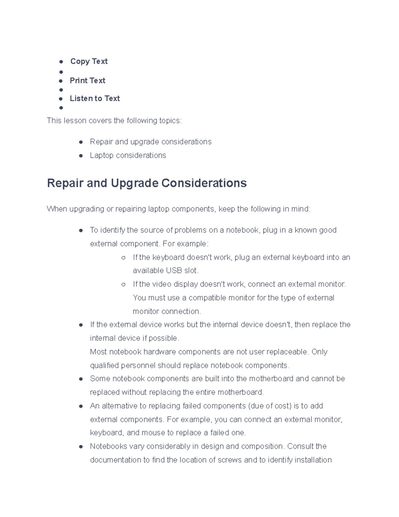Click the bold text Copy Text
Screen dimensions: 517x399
pyautogui.click(x=89, y=61)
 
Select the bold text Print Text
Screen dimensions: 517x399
pyautogui.click(x=87, y=81)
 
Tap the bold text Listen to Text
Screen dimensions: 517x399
pyautogui.click(x=95, y=99)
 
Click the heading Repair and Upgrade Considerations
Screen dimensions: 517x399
pyautogui.click(x=147, y=183)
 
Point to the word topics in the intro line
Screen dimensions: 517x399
pyautogui.click(x=169, y=121)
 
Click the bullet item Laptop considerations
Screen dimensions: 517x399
pyautogui.click(x=128, y=155)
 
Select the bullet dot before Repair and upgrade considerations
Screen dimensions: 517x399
pyautogui.click(x=81, y=142)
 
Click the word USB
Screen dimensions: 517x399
pyautogui.click(x=174, y=271)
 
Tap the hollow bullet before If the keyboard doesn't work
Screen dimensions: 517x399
pyautogui.click(x=123, y=258)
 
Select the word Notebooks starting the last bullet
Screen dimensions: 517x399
pyautogui.click(x=108, y=446)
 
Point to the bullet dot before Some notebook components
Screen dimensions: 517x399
pyautogui.click(x=81, y=379)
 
